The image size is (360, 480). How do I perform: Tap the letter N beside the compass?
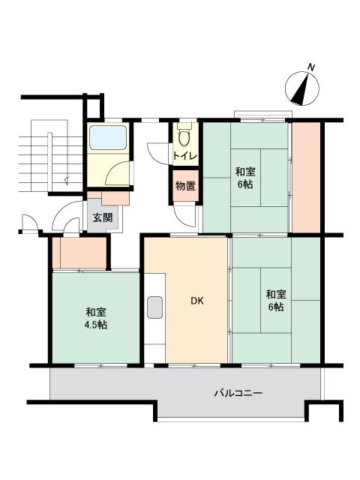click(311, 68)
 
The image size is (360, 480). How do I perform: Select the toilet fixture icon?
click(184, 136)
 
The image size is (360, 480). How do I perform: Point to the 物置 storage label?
click(185, 185)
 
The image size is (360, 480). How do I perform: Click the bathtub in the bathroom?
click(108, 139)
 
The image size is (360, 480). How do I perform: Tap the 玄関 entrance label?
click(102, 217)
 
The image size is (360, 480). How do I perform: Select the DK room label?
click(196, 301)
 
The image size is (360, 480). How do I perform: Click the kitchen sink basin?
click(155, 307)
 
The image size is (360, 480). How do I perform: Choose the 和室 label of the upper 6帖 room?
click(245, 171)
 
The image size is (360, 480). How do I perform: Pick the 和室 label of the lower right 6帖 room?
click(274, 294)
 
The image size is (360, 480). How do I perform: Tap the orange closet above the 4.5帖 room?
click(80, 253)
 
